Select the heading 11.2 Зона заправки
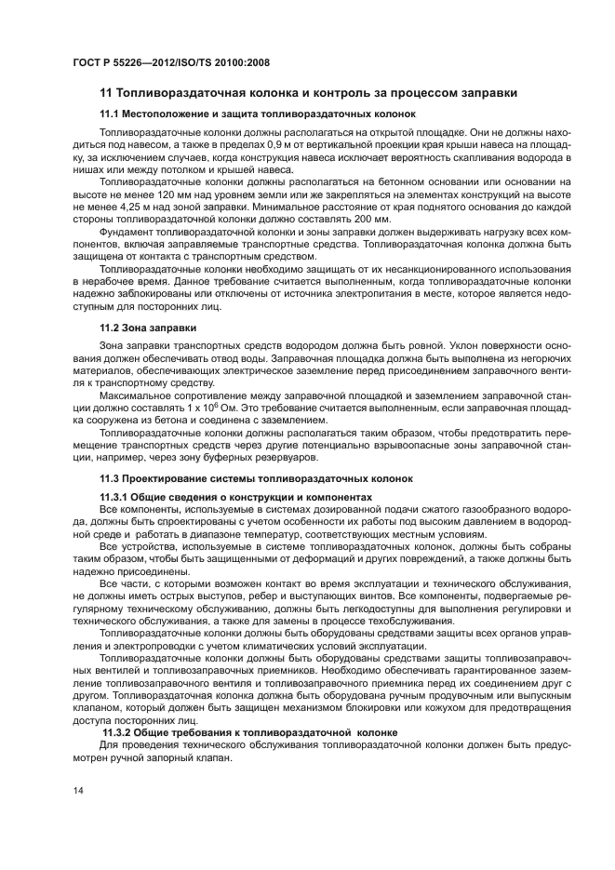pyautogui.click(x=147, y=328)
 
